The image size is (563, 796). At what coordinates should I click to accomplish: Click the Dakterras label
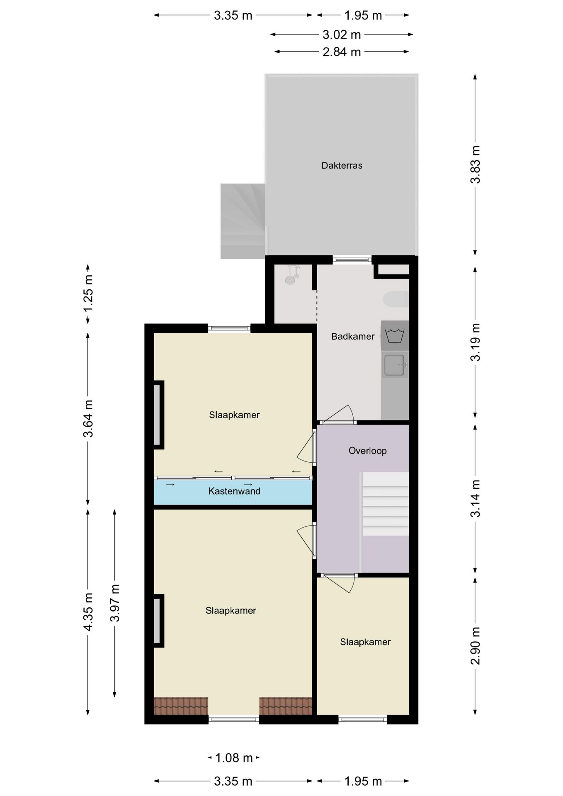click(x=342, y=165)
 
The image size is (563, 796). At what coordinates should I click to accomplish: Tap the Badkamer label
click(x=353, y=336)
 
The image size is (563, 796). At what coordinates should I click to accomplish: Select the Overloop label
click(x=367, y=451)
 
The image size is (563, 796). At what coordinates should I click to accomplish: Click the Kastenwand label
click(x=234, y=491)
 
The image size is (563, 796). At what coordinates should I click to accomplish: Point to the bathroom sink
click(x=394, y=365)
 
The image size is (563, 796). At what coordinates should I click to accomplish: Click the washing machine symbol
click(x=395, y=335)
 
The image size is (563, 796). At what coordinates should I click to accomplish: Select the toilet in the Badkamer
click(x=396, y=299)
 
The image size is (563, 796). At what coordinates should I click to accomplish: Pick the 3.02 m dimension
click(x=342, y=34)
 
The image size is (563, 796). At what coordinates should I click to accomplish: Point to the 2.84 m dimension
click(x=342, y=52)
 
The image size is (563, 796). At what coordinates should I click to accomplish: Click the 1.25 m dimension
click(x=88, y=294)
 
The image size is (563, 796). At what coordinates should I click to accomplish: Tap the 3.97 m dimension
click(x=115, y=603)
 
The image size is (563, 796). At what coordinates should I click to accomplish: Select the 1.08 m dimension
click(x=234, y=758)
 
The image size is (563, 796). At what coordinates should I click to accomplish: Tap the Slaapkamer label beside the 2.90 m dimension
click(x=365, y=642)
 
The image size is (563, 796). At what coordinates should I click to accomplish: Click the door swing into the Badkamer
click(x=338, y=413)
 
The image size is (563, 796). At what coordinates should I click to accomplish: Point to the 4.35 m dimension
click(x=88, y=612)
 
